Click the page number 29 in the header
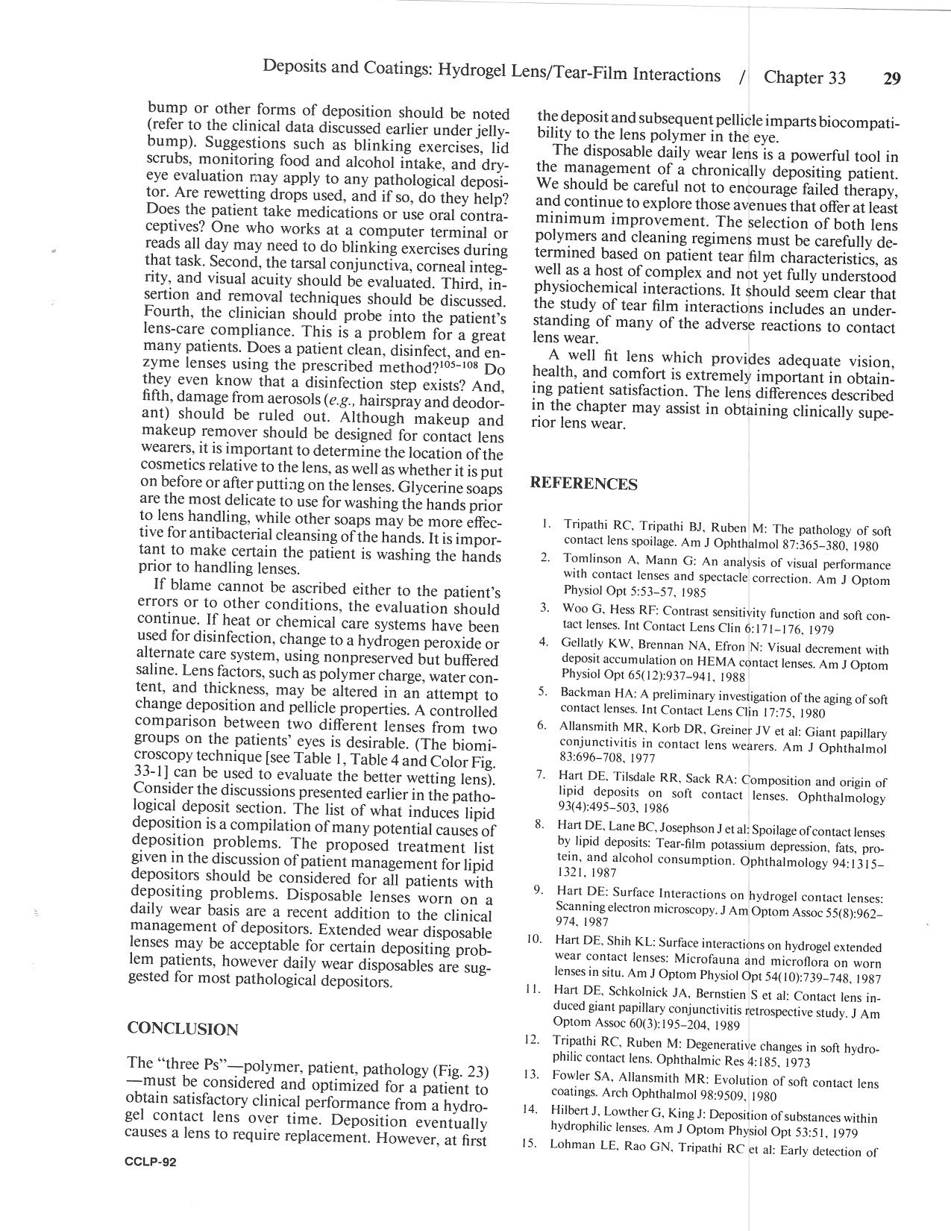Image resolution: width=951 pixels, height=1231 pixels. (891, 78)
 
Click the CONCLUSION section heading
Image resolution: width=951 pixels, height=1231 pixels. (183, 1029)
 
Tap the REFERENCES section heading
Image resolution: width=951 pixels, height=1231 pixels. (583, 484)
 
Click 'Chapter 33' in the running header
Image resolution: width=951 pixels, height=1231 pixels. (805, 78)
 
